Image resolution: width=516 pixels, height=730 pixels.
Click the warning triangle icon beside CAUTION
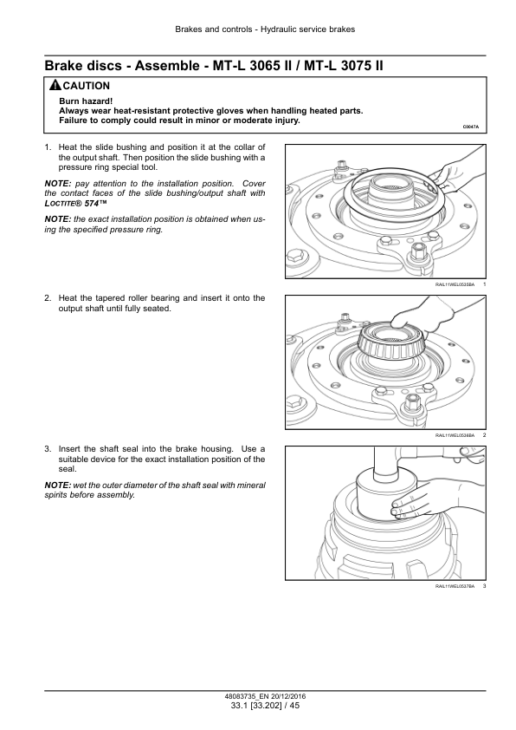coord(55,85)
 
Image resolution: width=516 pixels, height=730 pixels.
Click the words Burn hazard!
coord(86,101)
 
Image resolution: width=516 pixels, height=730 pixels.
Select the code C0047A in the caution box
coord(470,127)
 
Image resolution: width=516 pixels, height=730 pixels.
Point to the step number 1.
coord(48,147)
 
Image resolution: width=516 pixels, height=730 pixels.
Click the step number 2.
coord(48,298)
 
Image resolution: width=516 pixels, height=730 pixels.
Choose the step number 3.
coord(48,449)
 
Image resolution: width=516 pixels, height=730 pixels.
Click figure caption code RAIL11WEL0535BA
coord(455,284)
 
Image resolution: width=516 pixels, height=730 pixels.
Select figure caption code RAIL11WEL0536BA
coord(455,435)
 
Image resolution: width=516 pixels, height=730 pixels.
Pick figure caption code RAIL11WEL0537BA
coord(455,586)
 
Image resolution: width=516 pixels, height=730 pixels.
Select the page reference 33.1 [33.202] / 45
coord(265,706)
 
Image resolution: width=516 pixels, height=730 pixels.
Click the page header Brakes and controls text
coord(213,29)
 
